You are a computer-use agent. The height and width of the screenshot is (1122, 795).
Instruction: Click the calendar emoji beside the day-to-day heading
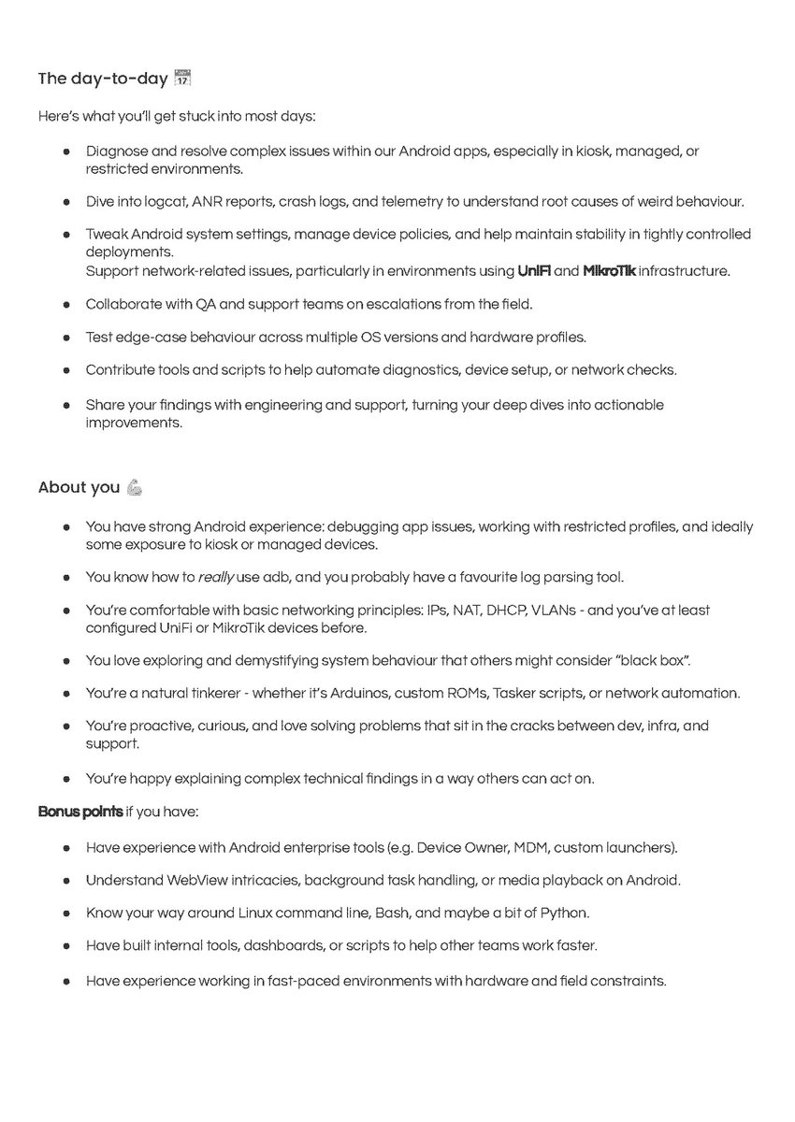183,79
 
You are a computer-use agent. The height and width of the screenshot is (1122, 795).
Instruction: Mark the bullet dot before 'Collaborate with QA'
66,305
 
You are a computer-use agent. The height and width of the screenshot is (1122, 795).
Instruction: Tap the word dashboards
282,945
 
